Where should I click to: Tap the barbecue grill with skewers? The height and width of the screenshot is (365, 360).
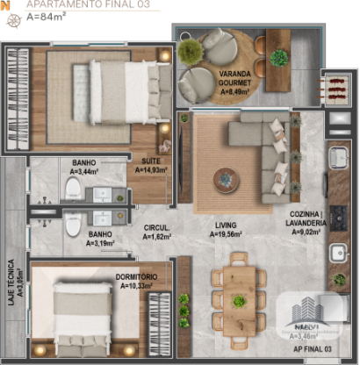(336, 89)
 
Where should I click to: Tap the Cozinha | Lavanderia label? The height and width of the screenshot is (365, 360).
(307, 223)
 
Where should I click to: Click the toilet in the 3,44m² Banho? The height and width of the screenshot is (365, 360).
(74, 191)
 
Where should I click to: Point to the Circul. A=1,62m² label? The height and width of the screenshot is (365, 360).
(157, 233)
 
